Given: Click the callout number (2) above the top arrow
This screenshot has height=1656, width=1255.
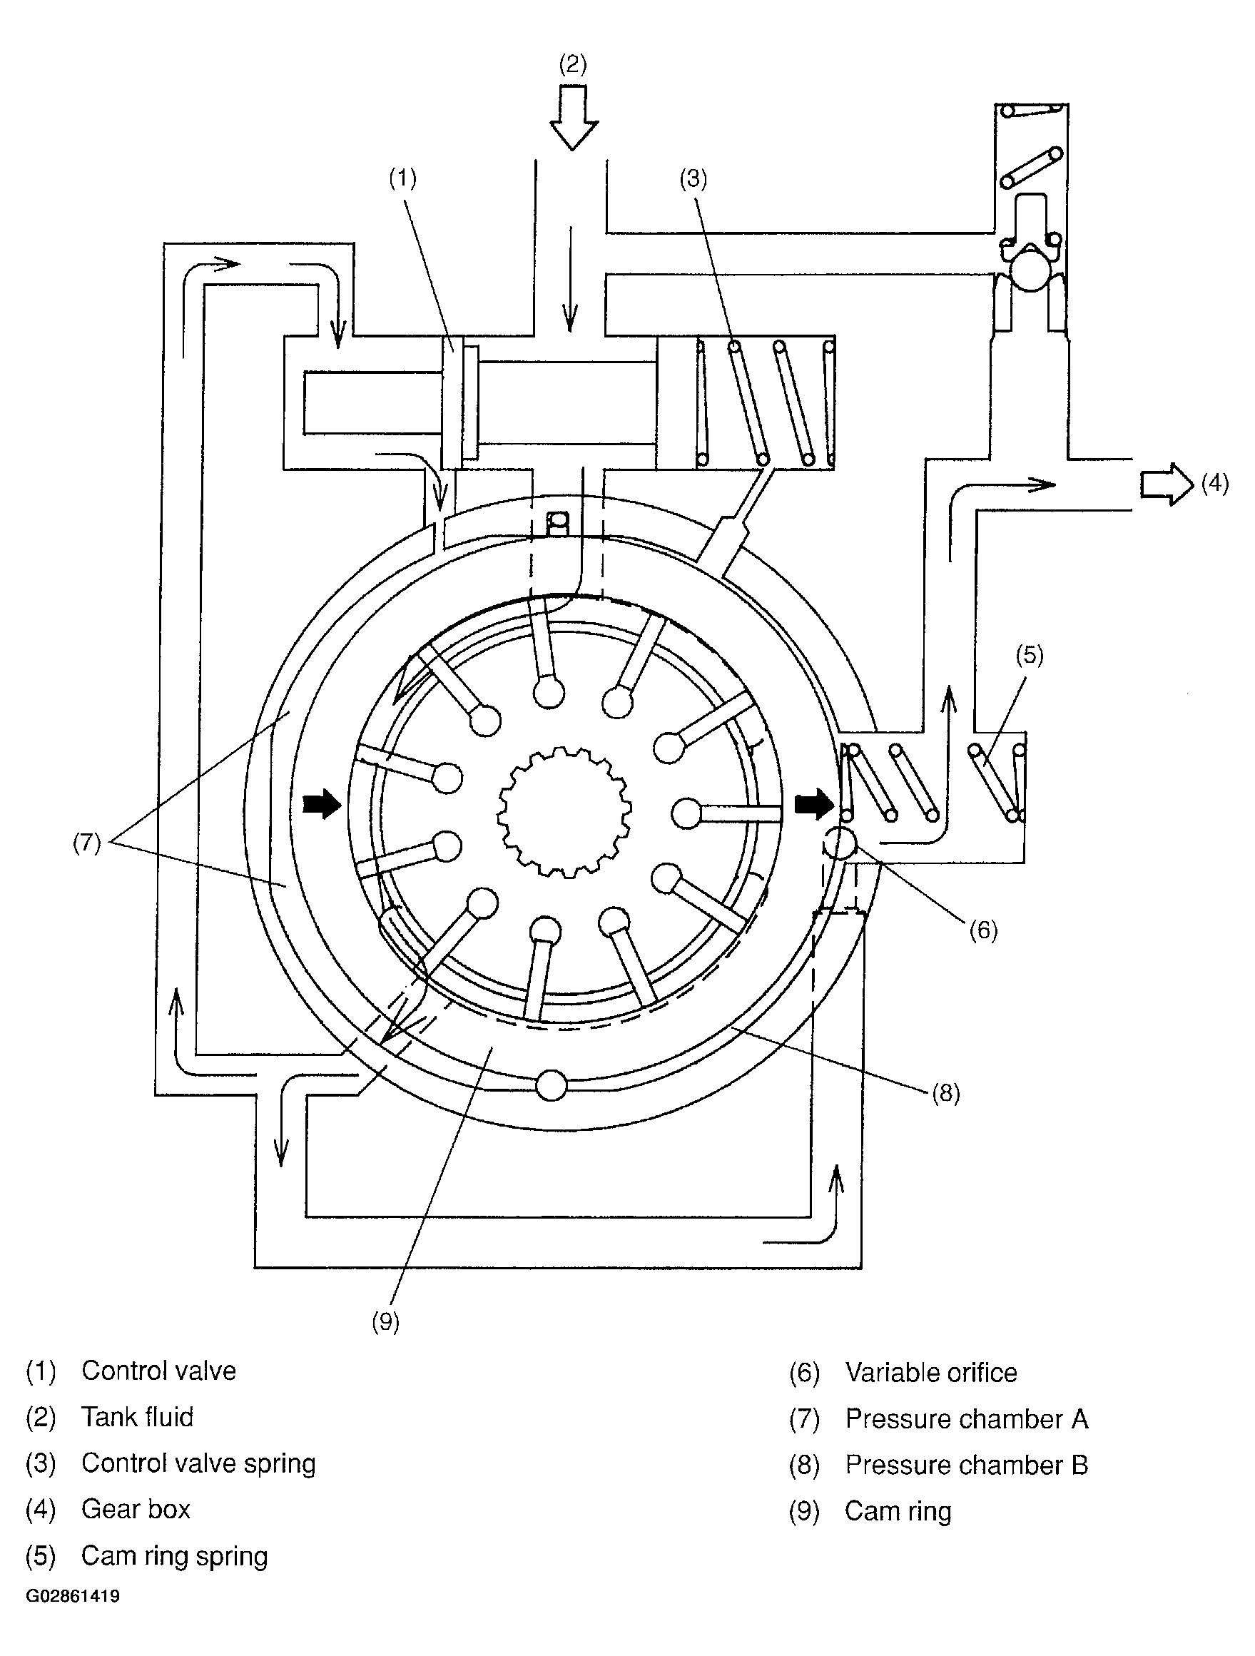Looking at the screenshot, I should tap(573, 64).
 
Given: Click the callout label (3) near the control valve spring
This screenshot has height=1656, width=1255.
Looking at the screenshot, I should tap(693, 179).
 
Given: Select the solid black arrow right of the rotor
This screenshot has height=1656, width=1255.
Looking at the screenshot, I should tap(814, 805).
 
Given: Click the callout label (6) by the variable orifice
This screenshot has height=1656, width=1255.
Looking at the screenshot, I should tap(983, 930).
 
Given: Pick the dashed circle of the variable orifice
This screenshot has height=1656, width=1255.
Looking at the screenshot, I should tap(840, 844).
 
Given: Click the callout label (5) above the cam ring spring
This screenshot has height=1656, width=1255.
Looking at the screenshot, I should tap(1030, 655).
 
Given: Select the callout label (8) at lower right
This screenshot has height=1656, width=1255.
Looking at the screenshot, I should tap(946, 1094).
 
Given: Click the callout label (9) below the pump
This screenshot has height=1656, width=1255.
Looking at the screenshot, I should tap(386, 1322).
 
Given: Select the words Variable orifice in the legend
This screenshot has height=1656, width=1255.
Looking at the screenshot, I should tap(931, 1373).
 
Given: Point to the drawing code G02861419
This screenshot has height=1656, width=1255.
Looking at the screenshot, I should tap(73, 1596).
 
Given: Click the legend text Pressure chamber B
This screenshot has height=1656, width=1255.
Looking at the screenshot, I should tap(966, 1465).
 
